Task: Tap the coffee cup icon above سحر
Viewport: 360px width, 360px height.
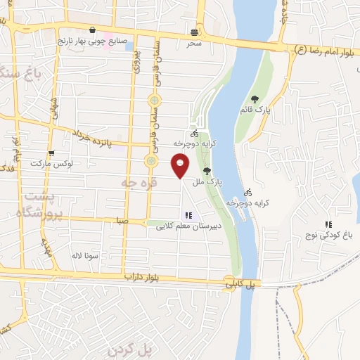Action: click(195, 32)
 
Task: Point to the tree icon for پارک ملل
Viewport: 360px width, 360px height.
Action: click(206, 170)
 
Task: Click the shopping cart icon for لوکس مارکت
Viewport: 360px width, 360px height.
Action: click(51, 153)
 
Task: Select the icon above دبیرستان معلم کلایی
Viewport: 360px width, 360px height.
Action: click(187, 215)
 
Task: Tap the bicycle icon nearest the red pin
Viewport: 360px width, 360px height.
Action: click(195, 134)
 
